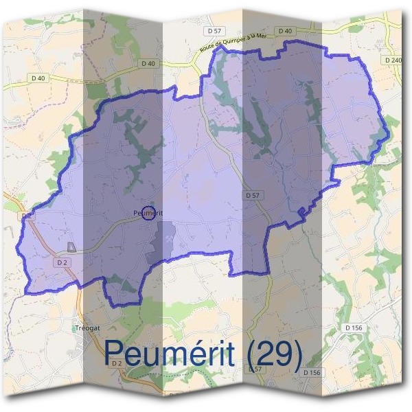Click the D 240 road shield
point(393,60)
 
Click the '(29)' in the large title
point(273,354)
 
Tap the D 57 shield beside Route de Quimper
point(214,31)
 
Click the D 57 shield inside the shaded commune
point(253,196)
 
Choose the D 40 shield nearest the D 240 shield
point(285,31)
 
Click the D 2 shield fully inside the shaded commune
point(62,262)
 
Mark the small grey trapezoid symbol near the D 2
point(71,247)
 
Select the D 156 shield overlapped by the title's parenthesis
point(311,372)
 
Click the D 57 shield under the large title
point(255,369)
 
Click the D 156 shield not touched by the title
point(354,328)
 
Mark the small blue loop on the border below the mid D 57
point(301,211)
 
